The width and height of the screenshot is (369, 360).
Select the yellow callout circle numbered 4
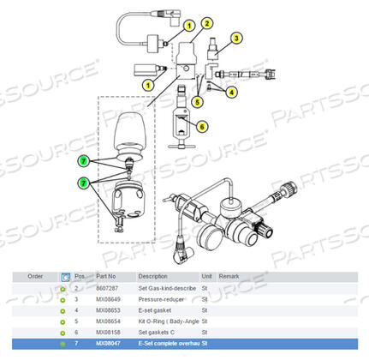(x=232, y=92)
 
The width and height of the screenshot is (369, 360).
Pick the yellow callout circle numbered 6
(x=203, y=126)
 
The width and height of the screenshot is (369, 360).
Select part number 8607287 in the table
(x=108, y=289)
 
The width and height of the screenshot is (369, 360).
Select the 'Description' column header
(x=153, y=277)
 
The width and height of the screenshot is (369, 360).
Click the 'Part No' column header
(x=105, y=277)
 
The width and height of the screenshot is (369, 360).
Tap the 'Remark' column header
(x=229, y=277)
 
